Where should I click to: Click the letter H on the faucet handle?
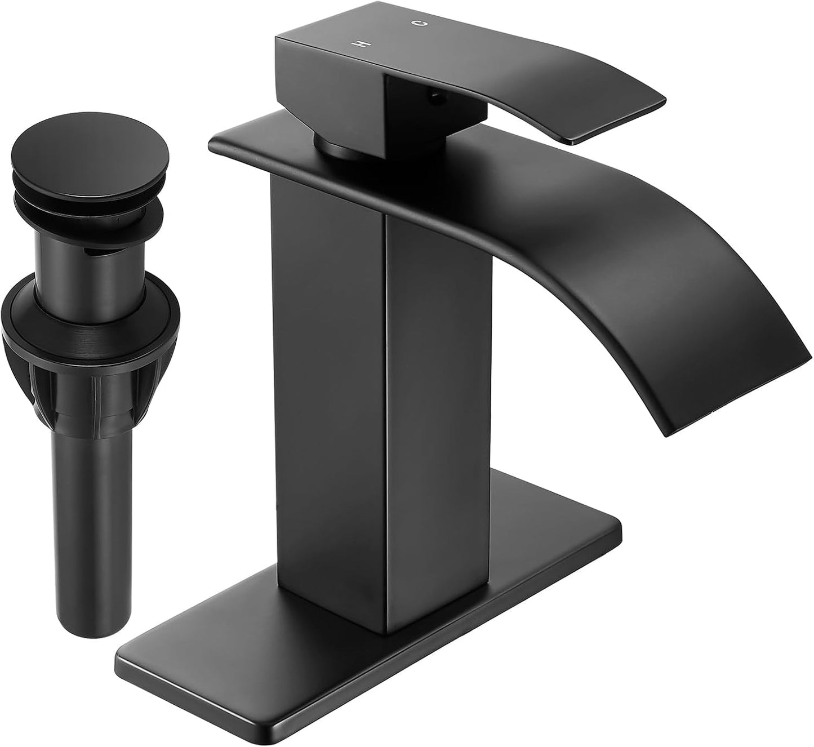[x=356, y=44]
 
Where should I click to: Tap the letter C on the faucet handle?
[x=417, y=23]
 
